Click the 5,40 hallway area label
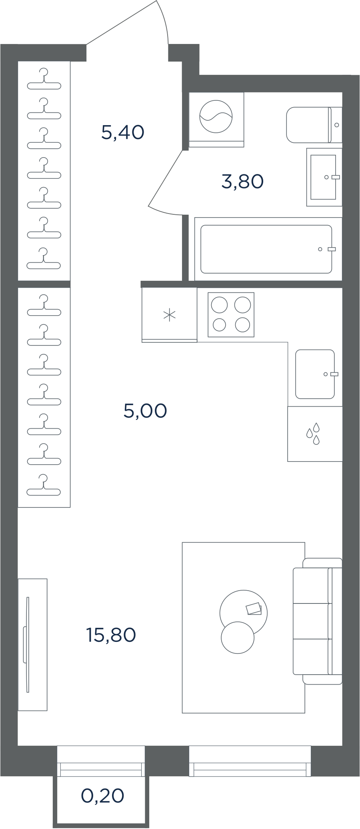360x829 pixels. pos(122,132)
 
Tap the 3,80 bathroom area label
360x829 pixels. pos(242,182)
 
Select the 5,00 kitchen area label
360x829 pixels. pos(145,411)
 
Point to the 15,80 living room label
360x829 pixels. pos(111,635)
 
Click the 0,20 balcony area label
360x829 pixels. pos(103,796)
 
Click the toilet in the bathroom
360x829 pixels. pos(314,125)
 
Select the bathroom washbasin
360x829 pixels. pos(324,177)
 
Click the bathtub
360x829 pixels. pos(268,249)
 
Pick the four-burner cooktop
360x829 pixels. pos(231,315)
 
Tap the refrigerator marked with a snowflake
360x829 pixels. pos(170,315)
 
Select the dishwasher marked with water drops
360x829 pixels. pos(315,434)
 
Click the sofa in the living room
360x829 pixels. pos(318,621)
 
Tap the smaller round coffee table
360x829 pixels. pos(238,637)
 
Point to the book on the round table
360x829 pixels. pos(254,609)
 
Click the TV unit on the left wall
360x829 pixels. pos(33,645)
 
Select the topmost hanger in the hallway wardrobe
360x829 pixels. pos(44,79)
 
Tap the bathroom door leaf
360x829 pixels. pos(166,178)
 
